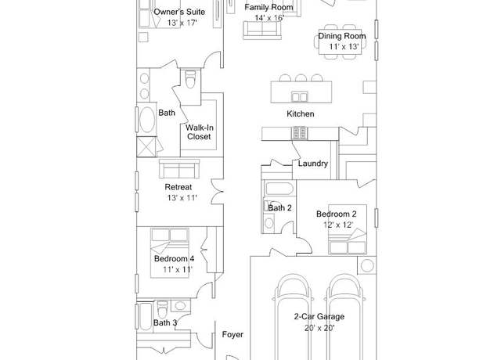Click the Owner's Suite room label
click(179, 13)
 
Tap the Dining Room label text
click(342, 36)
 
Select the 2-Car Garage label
click(319, 316)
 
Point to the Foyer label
click(232, 334)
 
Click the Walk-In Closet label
click(199, 132)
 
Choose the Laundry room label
click(313, 164)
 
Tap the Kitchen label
click(301, 113)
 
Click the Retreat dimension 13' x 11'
click(182, 198)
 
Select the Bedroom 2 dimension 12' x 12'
click(338, 225)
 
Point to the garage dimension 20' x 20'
click(319, 328)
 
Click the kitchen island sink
click(299, 96)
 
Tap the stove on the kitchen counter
click(299, 133)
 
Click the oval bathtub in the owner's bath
click(147, 119)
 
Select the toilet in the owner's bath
click(190, 79)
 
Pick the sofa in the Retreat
click(179, 168)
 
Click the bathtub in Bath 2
click(279, 189)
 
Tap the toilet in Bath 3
click(162, 309)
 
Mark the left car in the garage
click(293, 316)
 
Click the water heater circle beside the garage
click(367, 265)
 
